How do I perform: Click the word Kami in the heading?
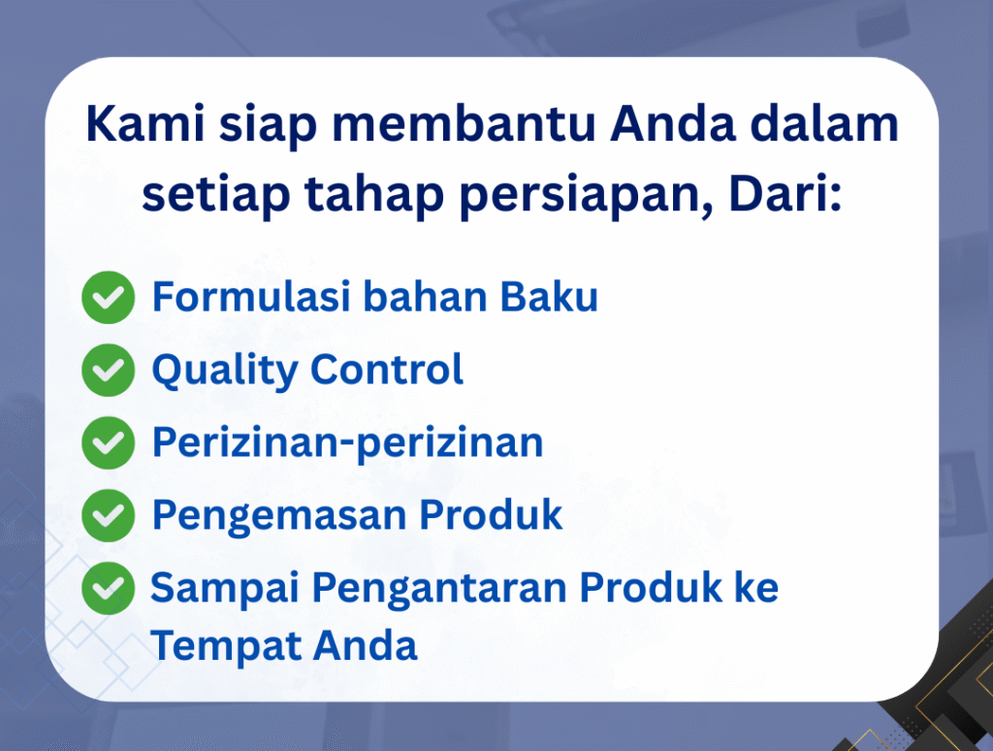tap(145, 123)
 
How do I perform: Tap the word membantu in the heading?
tap(464, 123)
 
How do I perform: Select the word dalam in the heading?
tap(824, 123)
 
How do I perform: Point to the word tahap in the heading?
tap(373, 193)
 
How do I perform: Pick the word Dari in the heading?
tap(785, 193)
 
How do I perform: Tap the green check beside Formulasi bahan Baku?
tap(109, 297)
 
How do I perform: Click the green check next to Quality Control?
tap(109, 370)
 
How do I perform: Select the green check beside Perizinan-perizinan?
tap(109, 442)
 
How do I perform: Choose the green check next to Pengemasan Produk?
tap(109, 515)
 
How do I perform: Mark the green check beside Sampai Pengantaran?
tap(109, 588)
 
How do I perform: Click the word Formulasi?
tap(251, 296)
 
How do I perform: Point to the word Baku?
tap(549, 296)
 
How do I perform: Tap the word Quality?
tap(225, 370)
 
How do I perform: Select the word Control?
tap(387, 369)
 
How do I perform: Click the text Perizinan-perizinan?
tap(348, 443)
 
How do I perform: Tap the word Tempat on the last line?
tap(224, 647)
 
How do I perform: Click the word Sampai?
tap(224, 589)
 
